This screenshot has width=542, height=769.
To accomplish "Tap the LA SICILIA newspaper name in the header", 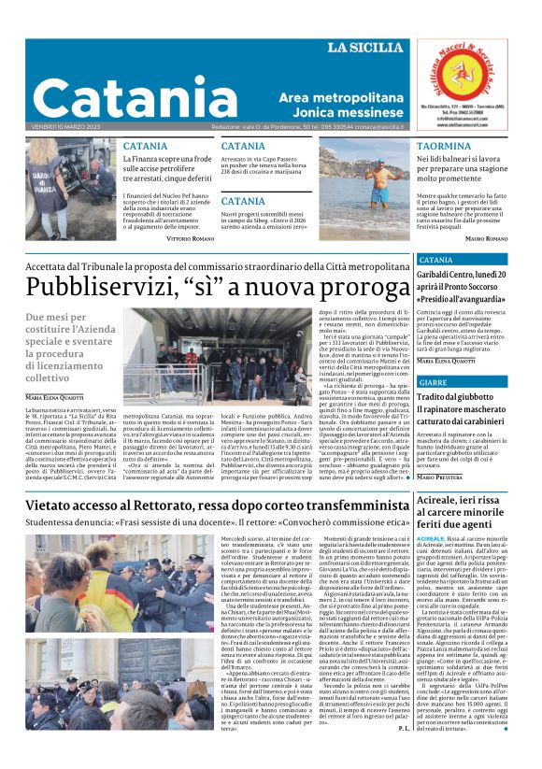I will (364, 48).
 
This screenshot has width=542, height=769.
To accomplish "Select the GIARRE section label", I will (433, 382).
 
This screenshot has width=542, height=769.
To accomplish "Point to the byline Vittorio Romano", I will (190, 238).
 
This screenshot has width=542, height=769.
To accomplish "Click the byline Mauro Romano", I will (486, 238).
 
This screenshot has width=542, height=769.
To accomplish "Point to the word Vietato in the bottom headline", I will (55, 506).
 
